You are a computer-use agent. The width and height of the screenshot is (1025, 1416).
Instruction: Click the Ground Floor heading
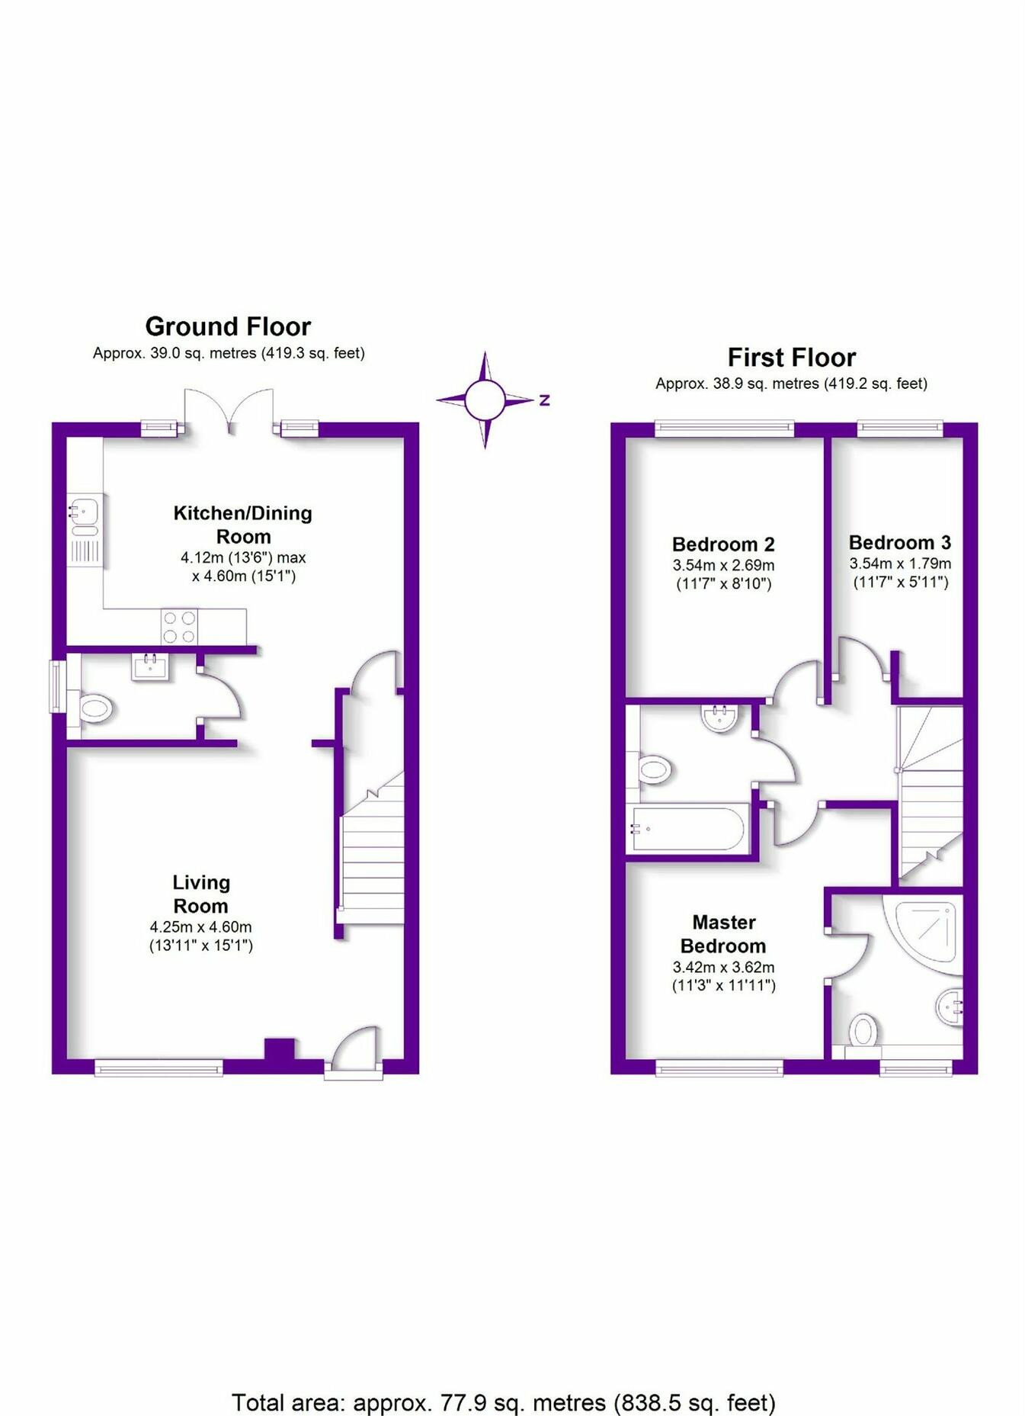pyautogui.click(x=228, y=327)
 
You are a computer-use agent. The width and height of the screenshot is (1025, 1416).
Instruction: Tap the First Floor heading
pyautogui.click(x=791, y=358)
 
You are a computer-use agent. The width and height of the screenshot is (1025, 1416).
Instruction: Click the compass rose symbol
pyautogui.click(x=485, y=400)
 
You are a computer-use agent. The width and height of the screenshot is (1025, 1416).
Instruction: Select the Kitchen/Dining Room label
pyautogui.click(x=243, y=524)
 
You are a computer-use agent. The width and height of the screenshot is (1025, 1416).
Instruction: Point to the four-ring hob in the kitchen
pyautogui.click(x=179, y=627)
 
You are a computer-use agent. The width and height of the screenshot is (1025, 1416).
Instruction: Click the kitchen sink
pyautogui.click(x=84, y=509)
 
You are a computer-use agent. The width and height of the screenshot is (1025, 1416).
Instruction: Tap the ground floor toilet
pyautogui.click(x=95, y=708)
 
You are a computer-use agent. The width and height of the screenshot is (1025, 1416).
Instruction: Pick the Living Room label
pyautogui.click(x=200, y=894)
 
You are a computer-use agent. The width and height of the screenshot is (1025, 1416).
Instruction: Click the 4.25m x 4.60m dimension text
pyautogui.click(x=200, y=927)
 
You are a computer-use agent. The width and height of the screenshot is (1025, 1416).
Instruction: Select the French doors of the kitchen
pyautogui.click(x=229, y=412)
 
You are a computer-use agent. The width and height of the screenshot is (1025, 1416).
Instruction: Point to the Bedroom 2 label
pyautogui.click(x=723, y=544)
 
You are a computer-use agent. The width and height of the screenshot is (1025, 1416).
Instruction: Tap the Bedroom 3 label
pyautogui.click(x=900, y=543)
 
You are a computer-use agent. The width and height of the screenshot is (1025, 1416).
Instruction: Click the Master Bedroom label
pyautogui.click(x=723, y=934)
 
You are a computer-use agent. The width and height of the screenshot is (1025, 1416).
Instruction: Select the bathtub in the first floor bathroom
pyautogui.click(x=687, y=828)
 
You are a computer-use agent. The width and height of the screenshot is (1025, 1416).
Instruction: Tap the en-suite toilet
pyautogui.click(x=863, y=1032)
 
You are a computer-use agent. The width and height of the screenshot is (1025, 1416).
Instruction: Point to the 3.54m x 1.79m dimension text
pyautogui.click(x=900, y=564)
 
